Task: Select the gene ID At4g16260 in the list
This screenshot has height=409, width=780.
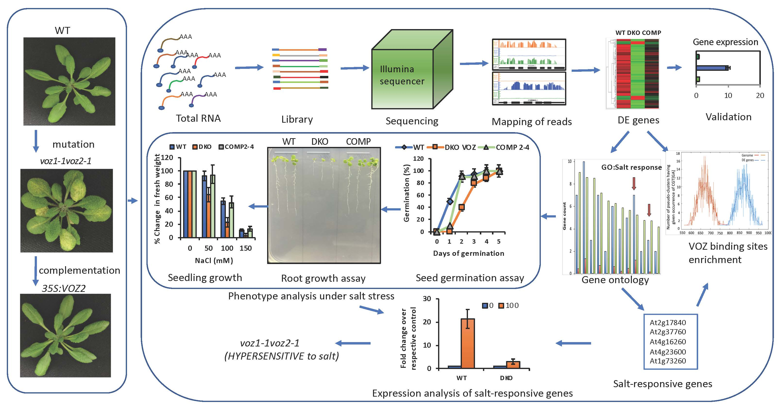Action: [668, 342]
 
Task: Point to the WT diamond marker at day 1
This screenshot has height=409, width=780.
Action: [450, 201]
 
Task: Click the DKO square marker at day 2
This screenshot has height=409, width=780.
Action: [461, 207]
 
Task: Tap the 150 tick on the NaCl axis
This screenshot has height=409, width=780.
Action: [246, 248]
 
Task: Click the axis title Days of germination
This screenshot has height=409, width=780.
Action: [468, 253]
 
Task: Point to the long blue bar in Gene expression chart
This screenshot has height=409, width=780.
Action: [712, 68]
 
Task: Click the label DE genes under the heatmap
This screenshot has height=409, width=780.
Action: [638, 120]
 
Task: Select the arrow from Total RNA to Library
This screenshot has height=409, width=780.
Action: [249, 67]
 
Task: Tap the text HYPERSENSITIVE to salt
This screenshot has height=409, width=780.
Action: [282, 356]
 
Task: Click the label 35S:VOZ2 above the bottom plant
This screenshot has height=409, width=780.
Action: [64, 289]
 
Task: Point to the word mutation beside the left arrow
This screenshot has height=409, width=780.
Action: [73, 144]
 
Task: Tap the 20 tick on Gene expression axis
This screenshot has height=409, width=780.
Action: [760, 96]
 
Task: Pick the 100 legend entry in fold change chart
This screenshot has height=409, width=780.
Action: [509, 306]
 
